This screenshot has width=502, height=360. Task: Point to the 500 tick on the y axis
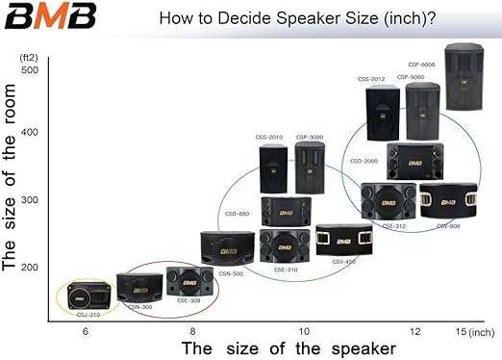pos(29,70)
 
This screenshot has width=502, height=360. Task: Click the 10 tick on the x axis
pos(304,330)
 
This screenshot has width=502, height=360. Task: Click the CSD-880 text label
pos(238,213)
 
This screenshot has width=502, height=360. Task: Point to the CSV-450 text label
pos(343,261)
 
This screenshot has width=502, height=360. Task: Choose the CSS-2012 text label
pos(370,76)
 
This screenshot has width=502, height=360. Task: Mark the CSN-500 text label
pos(232,273)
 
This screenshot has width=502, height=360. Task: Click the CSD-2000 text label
pos(364,161)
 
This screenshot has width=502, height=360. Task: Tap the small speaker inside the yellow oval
pos(89,293)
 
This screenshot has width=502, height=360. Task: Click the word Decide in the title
pos(240,19)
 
